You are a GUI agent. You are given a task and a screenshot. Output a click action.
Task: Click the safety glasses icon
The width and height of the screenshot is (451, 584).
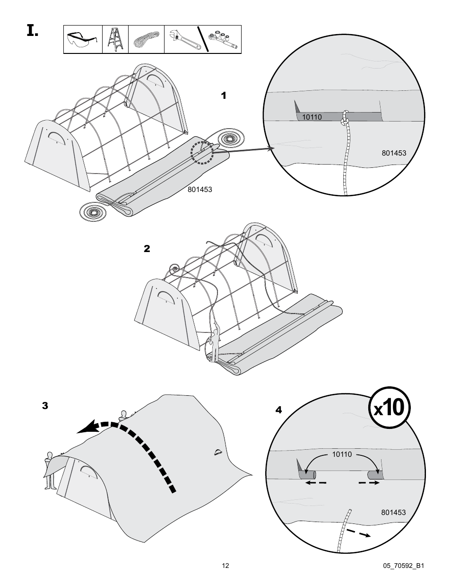[83, 40]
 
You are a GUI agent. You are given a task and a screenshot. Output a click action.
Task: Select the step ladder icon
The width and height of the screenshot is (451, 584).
[115, 39]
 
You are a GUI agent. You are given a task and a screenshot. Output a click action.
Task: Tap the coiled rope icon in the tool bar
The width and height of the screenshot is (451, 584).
[146, 40]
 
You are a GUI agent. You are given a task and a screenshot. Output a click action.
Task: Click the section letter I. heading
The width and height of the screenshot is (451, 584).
[32, 32]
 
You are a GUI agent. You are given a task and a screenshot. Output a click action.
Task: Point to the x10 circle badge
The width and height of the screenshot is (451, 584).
[390, 408]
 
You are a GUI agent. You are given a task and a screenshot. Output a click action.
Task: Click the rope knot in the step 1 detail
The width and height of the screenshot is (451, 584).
[345, 119]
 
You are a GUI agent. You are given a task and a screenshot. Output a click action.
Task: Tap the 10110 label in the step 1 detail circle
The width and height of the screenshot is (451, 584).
[312, 117]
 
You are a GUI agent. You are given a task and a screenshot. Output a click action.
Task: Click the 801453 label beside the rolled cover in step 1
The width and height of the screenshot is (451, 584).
[199, 190]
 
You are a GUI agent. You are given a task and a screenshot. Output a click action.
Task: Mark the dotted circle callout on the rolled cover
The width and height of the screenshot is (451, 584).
[202, 152]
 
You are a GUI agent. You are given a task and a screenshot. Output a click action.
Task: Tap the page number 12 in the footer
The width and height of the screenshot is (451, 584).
[225, 566]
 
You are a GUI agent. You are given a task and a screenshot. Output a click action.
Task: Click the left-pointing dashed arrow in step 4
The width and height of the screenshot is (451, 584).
[315, 483]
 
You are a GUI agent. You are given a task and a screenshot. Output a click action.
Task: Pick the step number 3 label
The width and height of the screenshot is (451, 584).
[45, 406]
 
